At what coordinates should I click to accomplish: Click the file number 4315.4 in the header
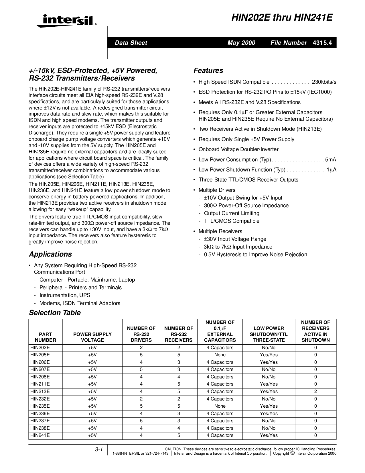(x=322, y=43)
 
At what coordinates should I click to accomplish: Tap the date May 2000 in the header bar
(x=241, y=43)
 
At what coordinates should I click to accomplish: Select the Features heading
(x=208, y=71)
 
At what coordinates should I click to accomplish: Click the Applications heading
(x=50, y=254)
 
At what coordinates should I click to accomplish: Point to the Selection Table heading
(x=55, y=313)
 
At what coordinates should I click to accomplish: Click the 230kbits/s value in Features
(x=324, y=82)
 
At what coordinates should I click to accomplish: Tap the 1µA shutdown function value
(x=332, y=170)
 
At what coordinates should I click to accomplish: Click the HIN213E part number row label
(x=40, y=391)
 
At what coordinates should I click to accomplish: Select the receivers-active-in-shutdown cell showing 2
(x=315, y=391)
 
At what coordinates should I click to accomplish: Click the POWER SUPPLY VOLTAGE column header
(x=92, y=337)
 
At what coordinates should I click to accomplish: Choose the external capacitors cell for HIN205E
(x=220, y=355)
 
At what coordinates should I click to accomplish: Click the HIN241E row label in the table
(x=40, y=435)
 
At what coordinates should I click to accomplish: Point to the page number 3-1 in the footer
(x=99, y=450)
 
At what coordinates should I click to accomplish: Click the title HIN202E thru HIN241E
(x=282, y=18)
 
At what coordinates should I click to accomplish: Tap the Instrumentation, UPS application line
(x=65, y=295)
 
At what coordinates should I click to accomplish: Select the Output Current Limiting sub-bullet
(x=232, y=213)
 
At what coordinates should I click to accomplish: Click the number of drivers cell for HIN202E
(x=141, y=347)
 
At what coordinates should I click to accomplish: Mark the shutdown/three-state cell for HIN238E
(x=269, y=428)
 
